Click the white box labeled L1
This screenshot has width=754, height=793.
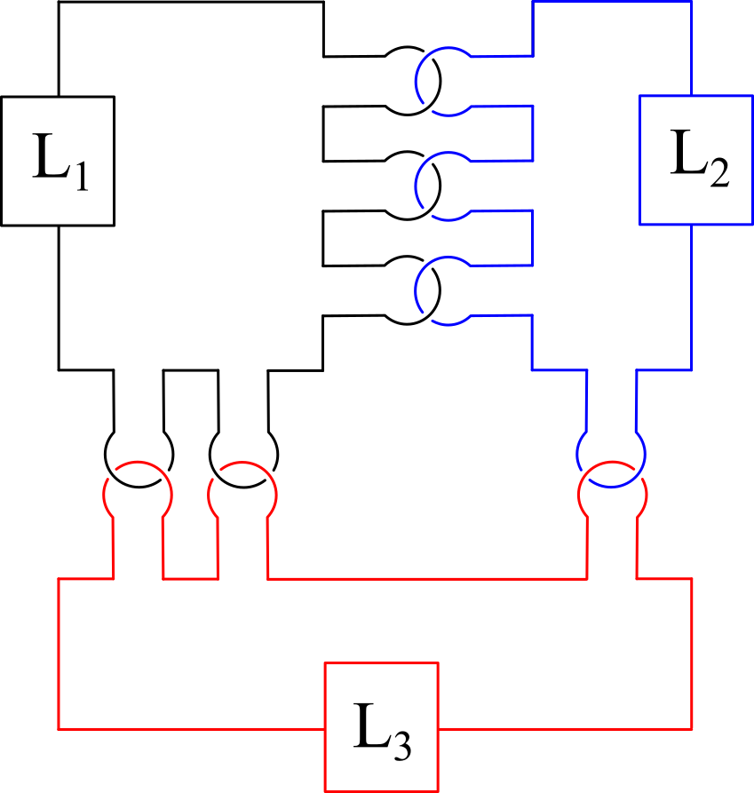click(x=58, y=161)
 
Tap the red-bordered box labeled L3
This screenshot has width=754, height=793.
click(x=382, y=726)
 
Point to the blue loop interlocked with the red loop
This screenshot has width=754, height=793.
click(x=611, y=456)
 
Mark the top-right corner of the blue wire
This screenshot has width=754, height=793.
click(x=692, y=2)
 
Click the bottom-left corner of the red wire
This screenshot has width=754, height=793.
click(x=59, y=728)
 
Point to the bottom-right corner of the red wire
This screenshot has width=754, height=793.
click(x=692, y=728)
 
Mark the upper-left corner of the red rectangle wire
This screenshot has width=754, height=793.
click(x=59, y=579)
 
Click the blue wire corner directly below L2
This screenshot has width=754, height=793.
click(x=692, y=370)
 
